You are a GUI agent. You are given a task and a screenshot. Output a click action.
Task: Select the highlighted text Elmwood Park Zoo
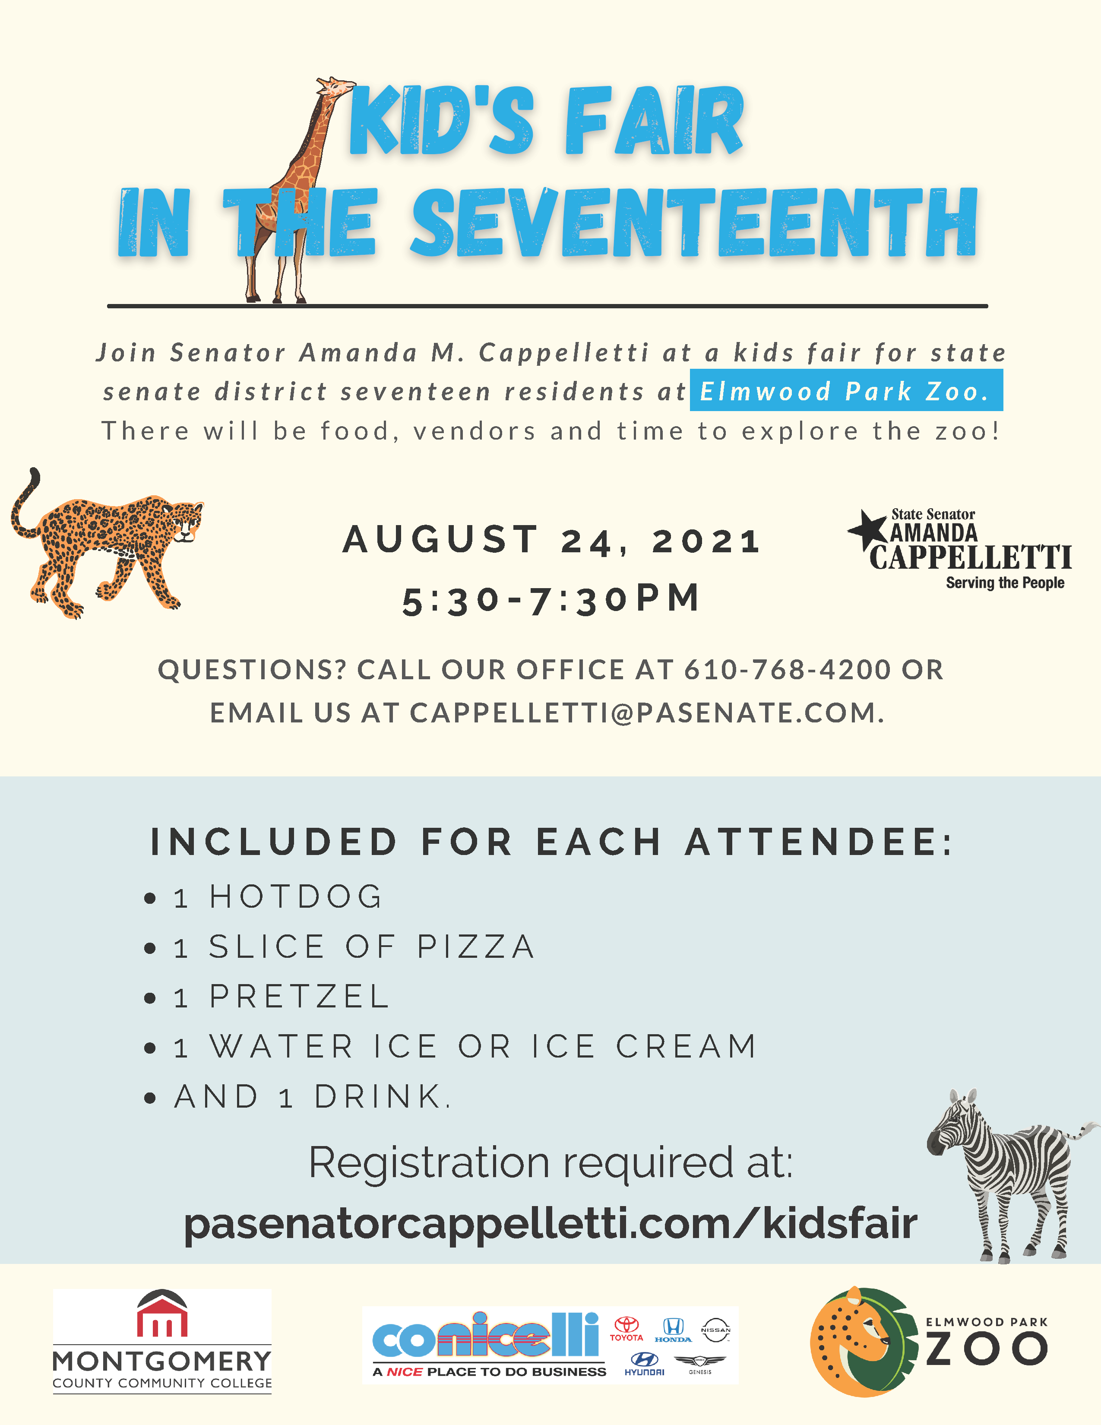[x=846, y=391]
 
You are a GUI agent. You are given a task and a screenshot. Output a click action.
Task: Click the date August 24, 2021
[x=552, y=540]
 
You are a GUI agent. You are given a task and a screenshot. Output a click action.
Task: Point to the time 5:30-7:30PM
[x=552, y=599]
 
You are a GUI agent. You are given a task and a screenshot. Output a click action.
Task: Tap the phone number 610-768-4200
[x=787, y=669]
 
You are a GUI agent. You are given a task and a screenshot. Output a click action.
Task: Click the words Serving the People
[x=1005, y=583]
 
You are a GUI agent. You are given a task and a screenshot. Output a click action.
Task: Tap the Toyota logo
[x=627, y=1328]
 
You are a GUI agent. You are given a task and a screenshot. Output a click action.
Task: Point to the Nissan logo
[x=715, y=1330]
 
